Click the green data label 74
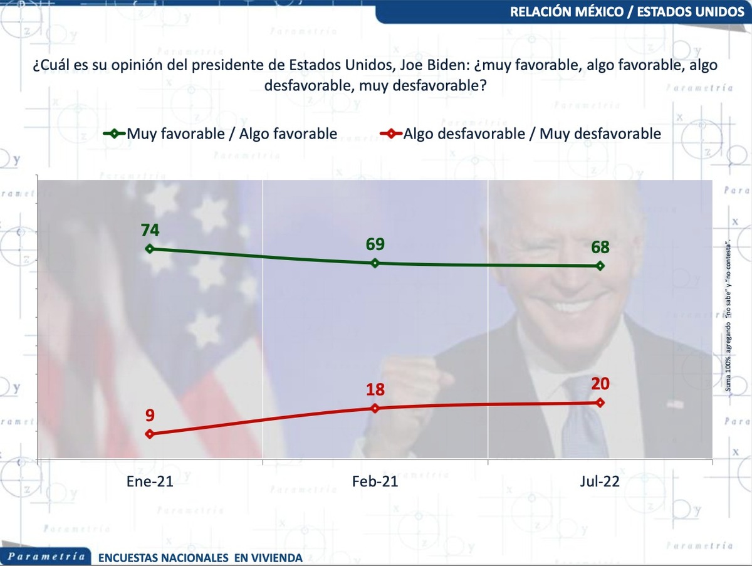(150, 231)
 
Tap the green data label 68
(600, 247)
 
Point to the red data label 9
(150, 415)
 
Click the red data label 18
(375, 390)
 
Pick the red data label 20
(600, 384)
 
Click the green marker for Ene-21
(150, 249)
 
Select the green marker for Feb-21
(375, 263)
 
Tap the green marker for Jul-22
(600, 266)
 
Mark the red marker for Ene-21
(150, 434)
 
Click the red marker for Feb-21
(375, 408)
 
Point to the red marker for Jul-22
(600, 402)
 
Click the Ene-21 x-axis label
(150, 482)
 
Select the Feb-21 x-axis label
(375, 482)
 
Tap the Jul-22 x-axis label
(600, 482)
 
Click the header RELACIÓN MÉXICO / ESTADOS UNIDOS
(624, 12)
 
